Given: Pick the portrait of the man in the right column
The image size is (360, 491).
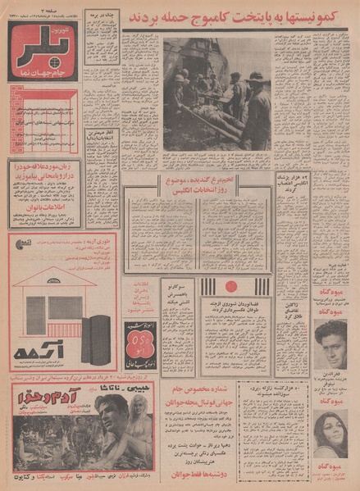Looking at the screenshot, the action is tap(330, 343).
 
